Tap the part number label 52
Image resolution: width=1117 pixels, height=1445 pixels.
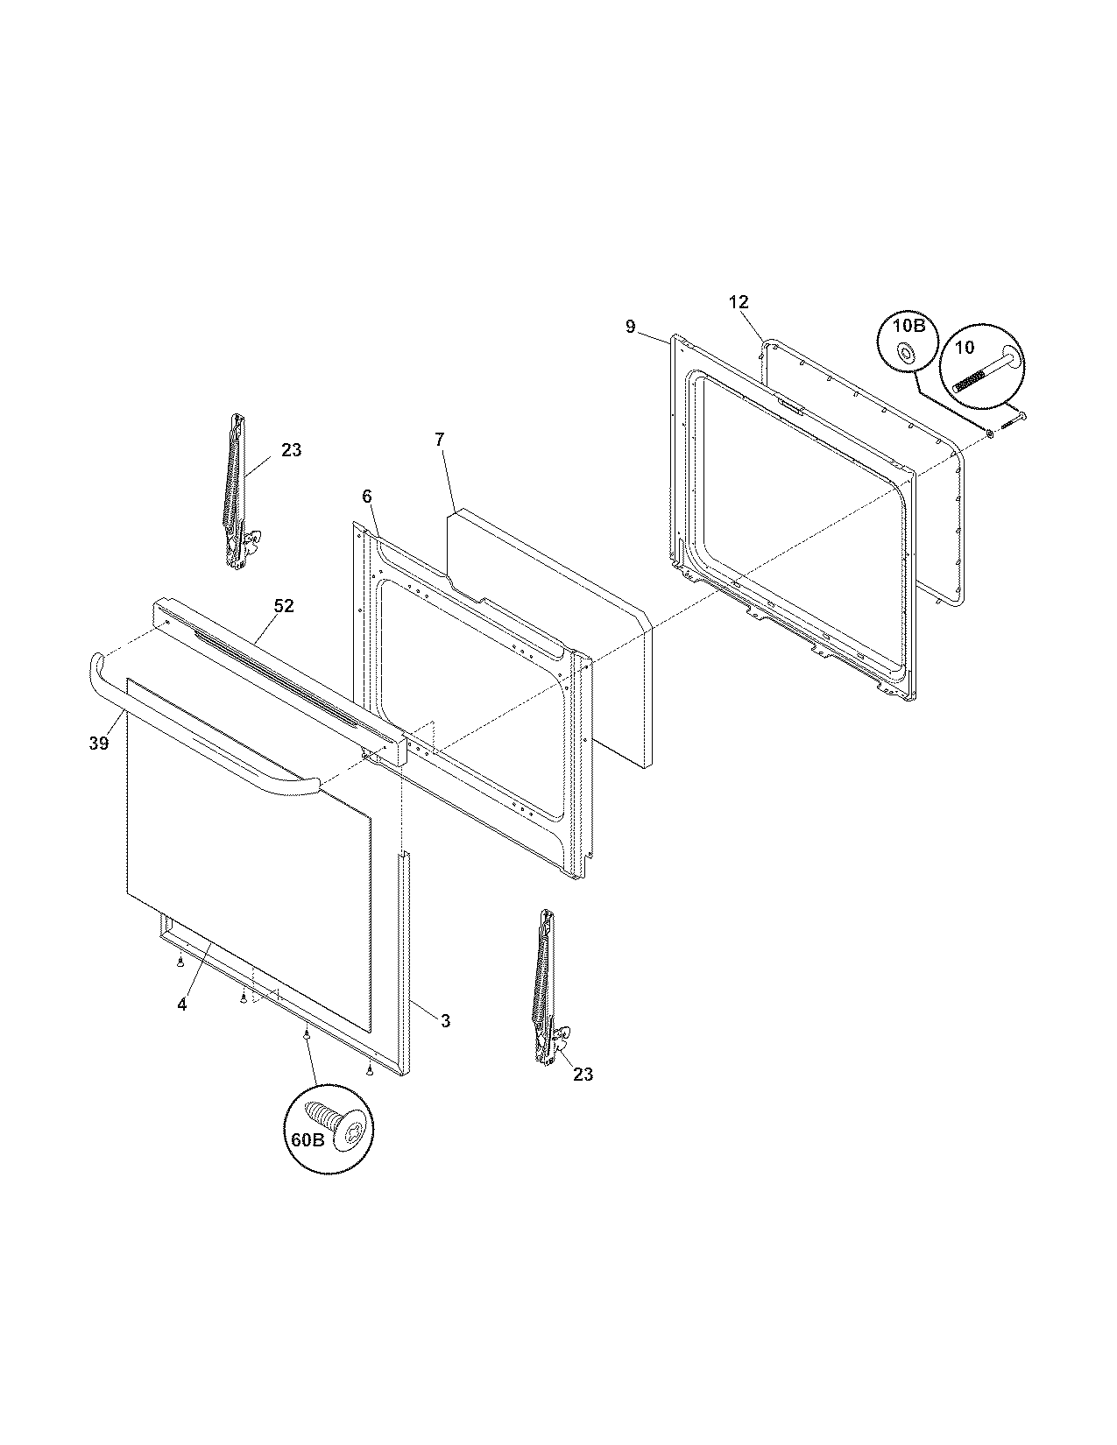tap(284, 606)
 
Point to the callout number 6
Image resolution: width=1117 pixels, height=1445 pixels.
tap(367, 497)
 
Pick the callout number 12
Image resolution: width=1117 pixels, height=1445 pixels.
tap(739, 302)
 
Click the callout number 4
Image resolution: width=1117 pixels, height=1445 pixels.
tap(181, 1005)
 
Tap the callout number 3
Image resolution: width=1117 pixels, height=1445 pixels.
tap(445, 1020)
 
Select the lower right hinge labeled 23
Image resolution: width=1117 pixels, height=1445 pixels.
tap(545, 988)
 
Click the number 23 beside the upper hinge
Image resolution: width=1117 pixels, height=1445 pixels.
tap(291, 450)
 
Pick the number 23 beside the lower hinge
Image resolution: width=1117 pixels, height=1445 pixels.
tap(583, 1075)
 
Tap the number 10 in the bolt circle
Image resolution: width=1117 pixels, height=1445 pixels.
tap(964, 348)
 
